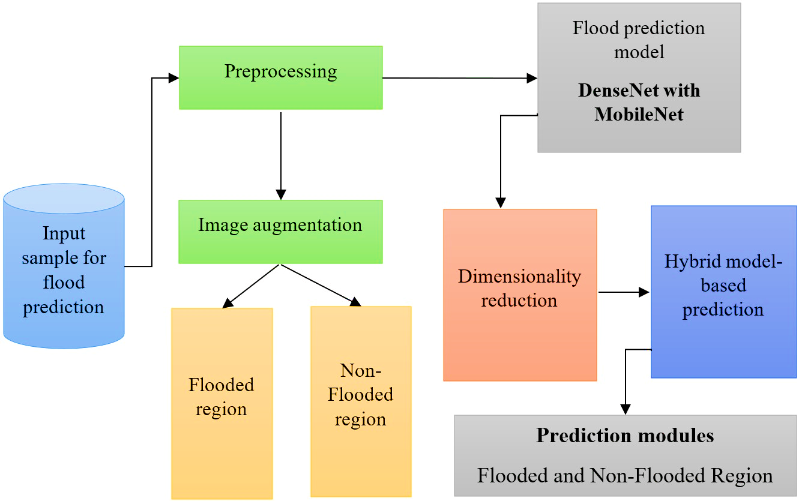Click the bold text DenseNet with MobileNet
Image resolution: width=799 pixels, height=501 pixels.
[639, 102]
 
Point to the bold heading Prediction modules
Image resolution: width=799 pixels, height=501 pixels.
[625, 436]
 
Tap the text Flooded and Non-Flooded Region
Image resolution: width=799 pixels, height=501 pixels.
[625, 476]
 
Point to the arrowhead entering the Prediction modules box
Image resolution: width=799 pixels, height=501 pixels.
[626, 409]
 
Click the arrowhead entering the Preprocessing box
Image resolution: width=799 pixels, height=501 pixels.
[173, 78]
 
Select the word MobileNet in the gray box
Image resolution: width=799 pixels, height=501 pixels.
[639, 114]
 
